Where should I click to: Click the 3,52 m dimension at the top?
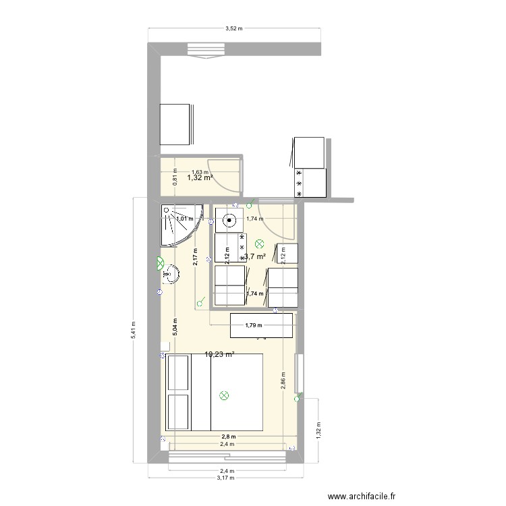click(234, 29)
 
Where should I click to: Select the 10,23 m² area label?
click(219, 354)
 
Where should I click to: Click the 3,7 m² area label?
click(254, 256)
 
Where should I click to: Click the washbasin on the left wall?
click(171, 274)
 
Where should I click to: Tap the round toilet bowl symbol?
click(230, 220)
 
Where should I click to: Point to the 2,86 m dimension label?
click(284, 382)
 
